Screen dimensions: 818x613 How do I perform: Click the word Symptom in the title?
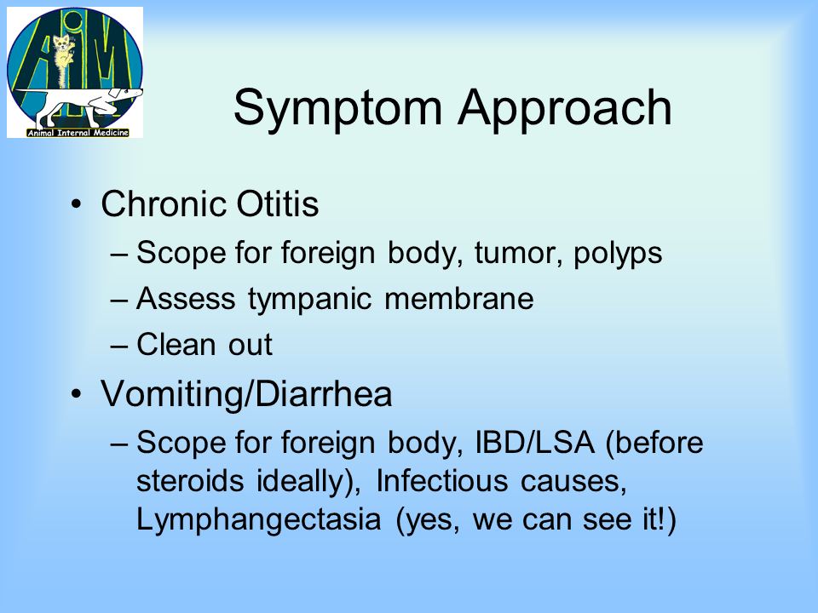pos(338,109)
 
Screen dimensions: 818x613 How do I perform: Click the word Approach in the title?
pos(565,109)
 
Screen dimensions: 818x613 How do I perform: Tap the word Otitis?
pos(278,203)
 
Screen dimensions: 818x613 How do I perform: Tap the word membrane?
pos(459,299)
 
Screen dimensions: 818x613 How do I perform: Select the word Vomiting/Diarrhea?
pos(246,394)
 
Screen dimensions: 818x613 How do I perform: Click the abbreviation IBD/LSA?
pos(535,443)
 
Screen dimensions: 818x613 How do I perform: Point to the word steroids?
pos(190,480)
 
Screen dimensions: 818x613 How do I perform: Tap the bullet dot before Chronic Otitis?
pos(77,204)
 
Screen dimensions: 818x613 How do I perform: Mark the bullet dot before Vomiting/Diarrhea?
pos(77,394)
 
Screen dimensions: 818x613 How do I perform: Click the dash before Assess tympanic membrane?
pos(119,301)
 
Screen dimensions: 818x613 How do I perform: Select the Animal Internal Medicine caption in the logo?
pos(78,133)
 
